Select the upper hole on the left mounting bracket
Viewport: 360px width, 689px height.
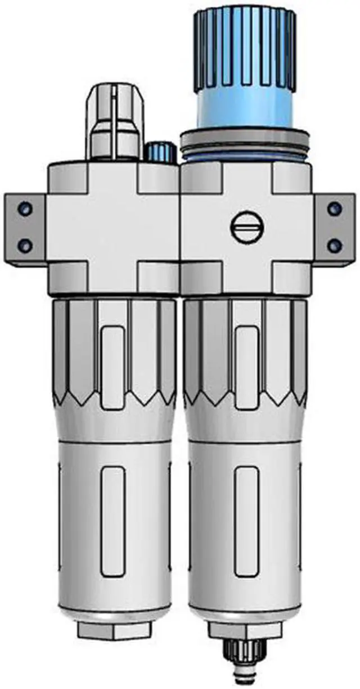(24, 209)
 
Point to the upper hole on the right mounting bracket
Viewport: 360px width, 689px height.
(335, 209)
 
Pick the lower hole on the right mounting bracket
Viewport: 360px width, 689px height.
(335, 245)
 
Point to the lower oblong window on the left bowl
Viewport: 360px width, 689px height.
(114, 521)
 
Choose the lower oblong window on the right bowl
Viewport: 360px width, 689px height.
(246, 521)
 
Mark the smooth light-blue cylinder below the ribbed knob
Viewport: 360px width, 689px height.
(245, 110)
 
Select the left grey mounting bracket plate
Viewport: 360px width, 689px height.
(25, 228)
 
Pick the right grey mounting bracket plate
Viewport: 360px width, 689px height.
(335, 228)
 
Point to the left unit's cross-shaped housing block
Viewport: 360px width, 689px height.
(112, 228)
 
